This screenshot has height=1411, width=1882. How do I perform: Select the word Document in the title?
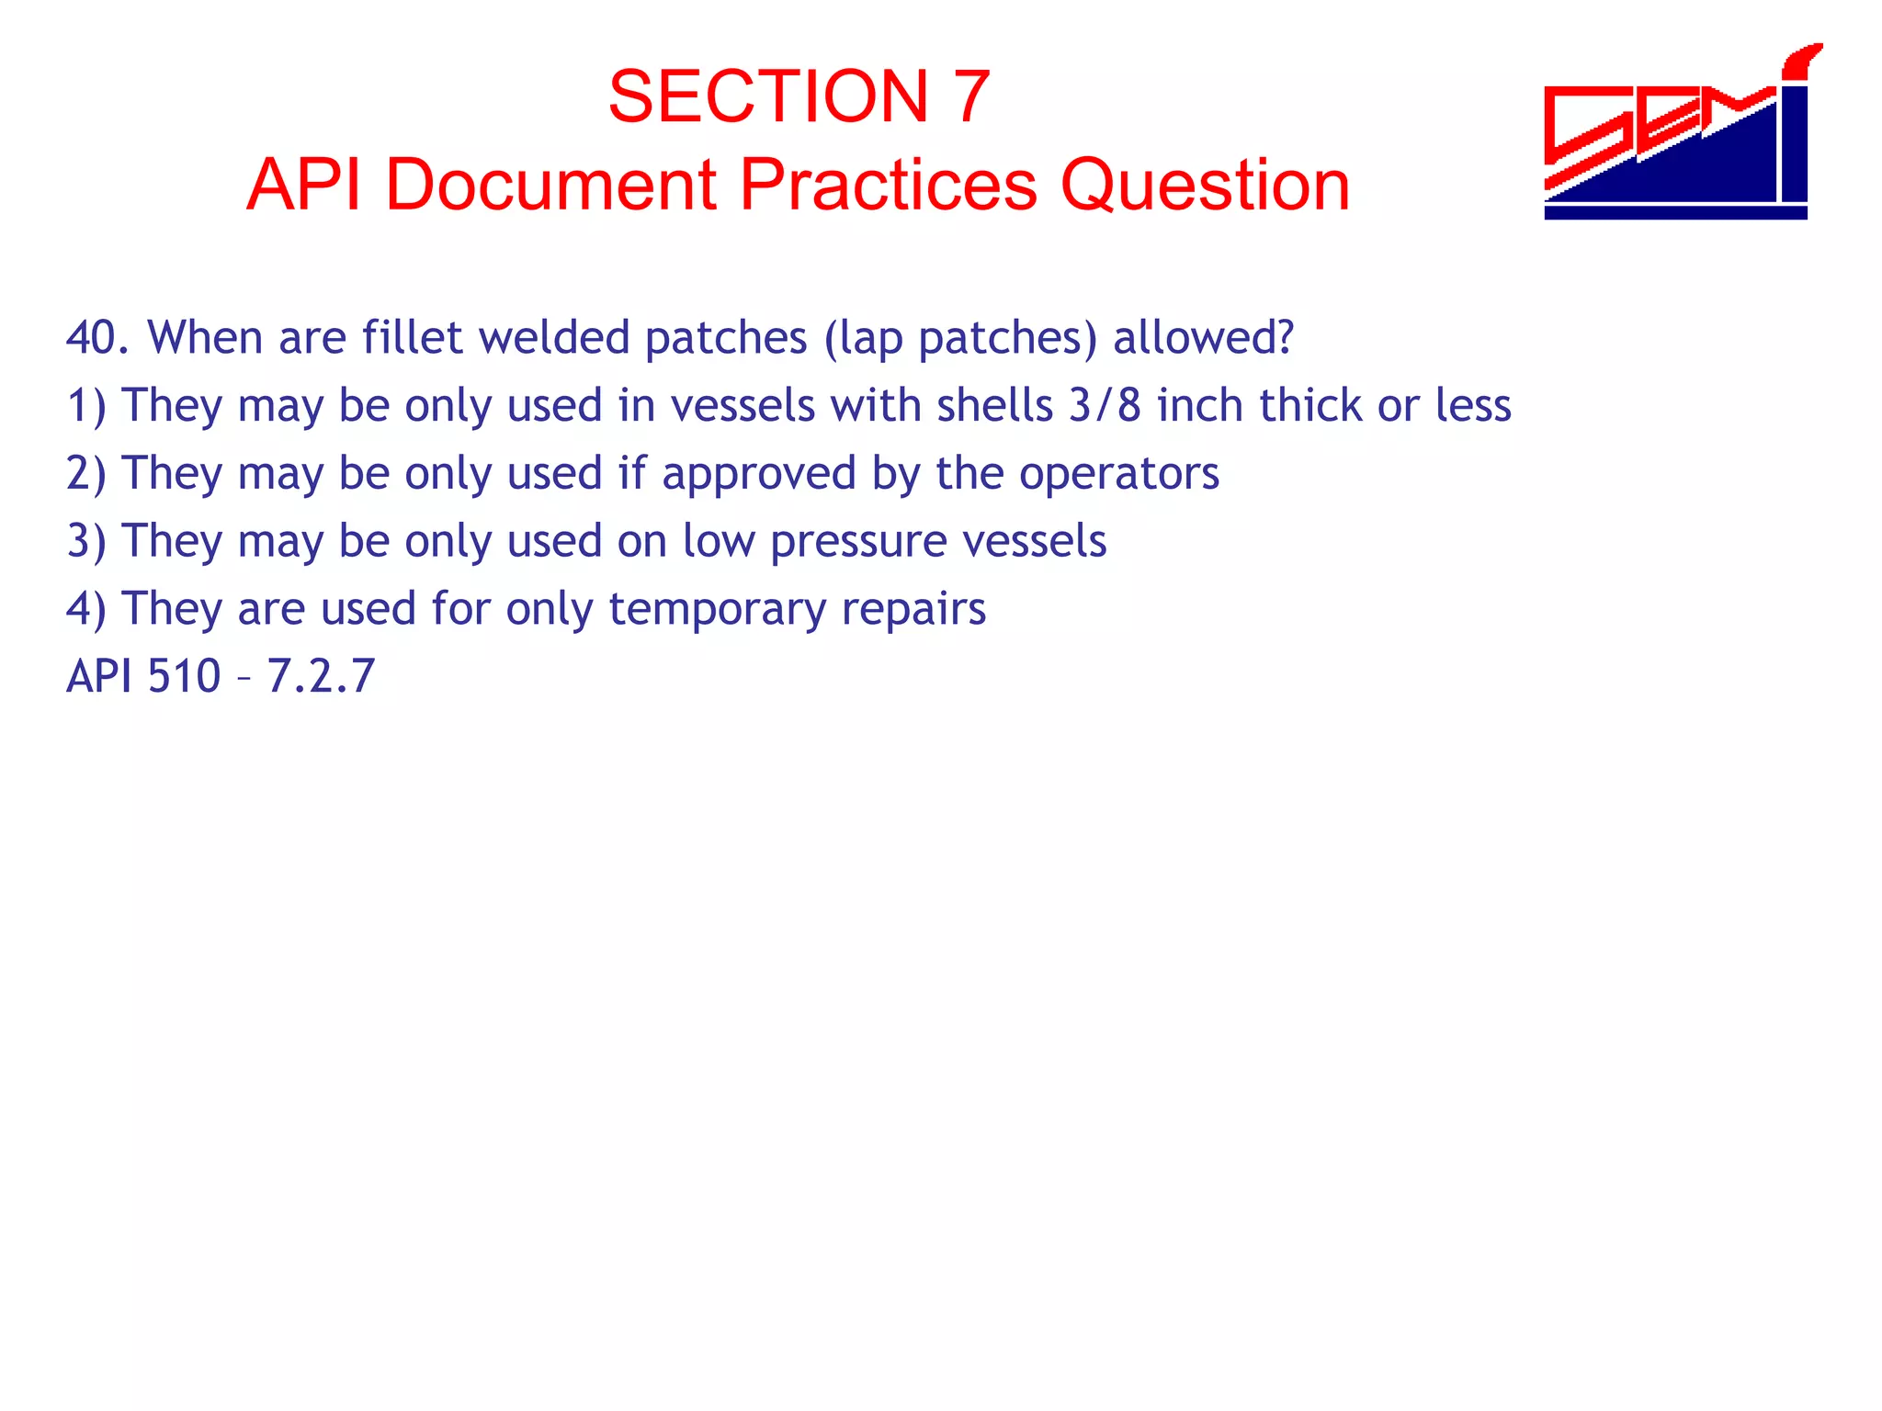[550, 186]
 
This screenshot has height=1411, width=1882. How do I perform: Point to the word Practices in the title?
[888, 186]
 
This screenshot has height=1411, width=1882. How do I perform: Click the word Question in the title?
[1205, 186]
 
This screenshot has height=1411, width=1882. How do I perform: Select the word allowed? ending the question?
[1203, 338]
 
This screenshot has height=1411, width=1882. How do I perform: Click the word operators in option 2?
[1118, 474]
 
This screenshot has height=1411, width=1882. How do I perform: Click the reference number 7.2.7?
[321, 677]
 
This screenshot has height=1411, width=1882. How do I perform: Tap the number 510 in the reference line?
[184, 677]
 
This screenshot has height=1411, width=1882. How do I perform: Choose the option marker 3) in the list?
[86, 542]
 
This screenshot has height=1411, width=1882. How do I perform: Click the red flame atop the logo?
[1801, 60]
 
